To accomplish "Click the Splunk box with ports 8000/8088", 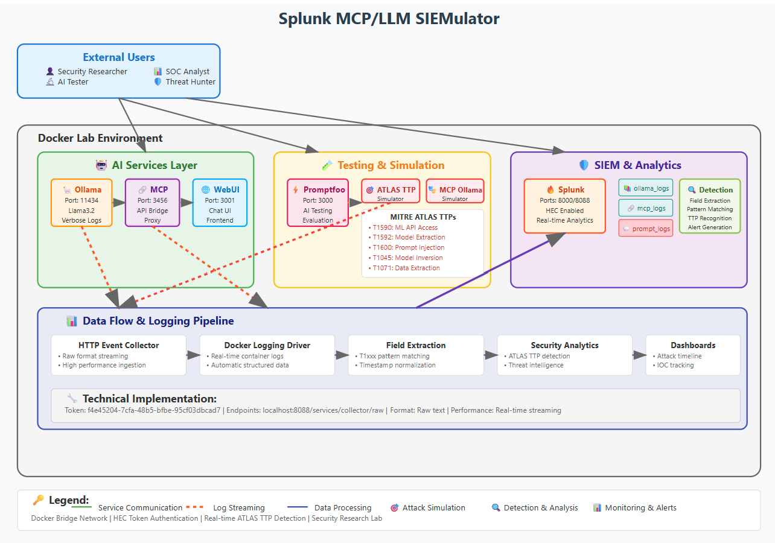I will [564, 206].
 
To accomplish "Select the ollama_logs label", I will [646, 188].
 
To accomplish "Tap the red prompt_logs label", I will [646, 229].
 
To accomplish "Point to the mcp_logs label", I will [646, 208].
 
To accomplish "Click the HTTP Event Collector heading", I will [118, 345].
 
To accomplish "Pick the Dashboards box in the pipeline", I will [693, 355].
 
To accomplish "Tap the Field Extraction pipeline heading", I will [416, 345].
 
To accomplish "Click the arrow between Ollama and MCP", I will [118, 203].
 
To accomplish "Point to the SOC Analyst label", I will [188, 71].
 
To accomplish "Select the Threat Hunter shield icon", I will [158, 81].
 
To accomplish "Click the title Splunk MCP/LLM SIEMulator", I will [389, 19].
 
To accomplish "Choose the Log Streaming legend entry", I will [238, 507].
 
